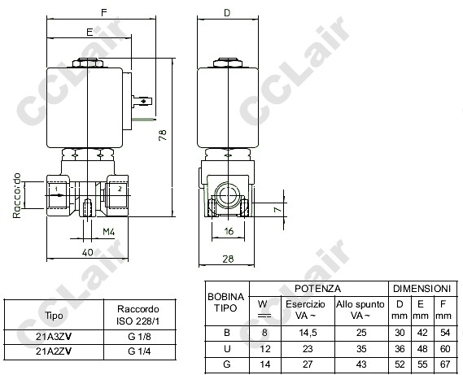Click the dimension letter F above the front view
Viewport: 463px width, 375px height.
(103, 12)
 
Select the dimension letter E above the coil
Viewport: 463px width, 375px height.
(90, 32)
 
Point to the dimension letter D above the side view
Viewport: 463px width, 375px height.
(227, 13)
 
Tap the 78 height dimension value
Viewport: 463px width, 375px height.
(163, 135)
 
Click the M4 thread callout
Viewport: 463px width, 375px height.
(108, 232)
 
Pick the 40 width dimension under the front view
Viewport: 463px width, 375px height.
(87, 252)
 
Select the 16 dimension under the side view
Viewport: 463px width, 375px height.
(229, 231)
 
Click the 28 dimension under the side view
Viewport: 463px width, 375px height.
(228, 259)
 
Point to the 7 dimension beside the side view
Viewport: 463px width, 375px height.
(277, 209)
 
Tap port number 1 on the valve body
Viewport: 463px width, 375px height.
(56, 189)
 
